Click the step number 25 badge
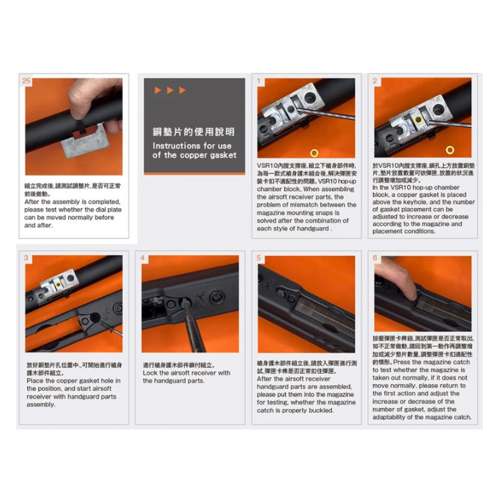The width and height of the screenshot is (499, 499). tap(26, 81)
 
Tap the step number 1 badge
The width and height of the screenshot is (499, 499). tap(260, 81)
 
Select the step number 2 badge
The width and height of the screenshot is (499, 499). tap(375, 81)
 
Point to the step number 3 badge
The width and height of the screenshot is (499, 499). tap(27, 258)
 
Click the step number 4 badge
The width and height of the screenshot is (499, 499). tap(142, 258)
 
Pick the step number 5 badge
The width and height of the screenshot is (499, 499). tap(259, 258)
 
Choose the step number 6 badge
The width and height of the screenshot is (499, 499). tap(375, 258)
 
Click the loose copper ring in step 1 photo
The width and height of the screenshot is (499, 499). tap(314, 153)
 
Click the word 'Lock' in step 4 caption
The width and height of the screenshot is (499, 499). tap(150, 373)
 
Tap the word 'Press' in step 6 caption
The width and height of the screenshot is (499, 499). tap(403, 362)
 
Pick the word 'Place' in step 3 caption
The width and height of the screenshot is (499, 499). tap(35, 381)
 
